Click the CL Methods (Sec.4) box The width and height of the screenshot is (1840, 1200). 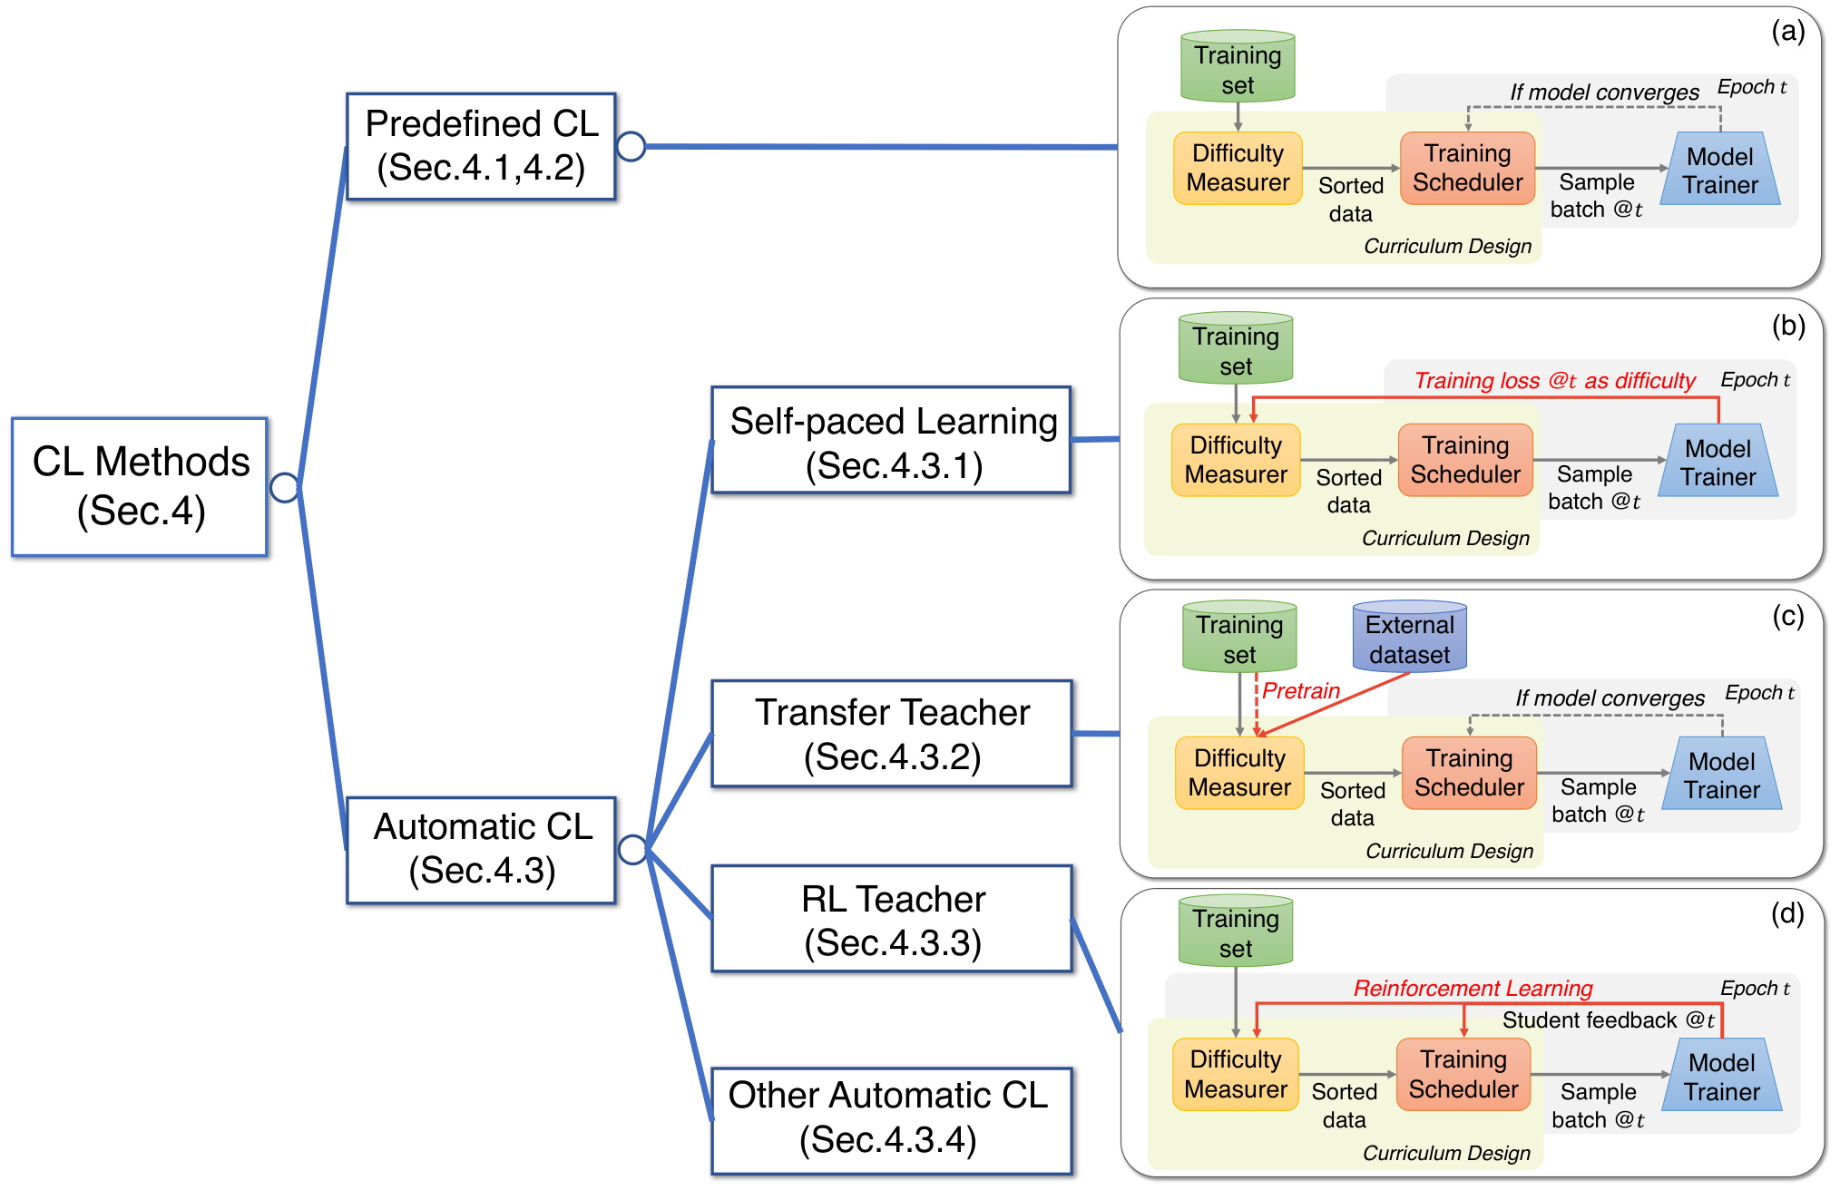pos(140,487)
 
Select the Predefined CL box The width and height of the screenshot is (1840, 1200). pos(481,146)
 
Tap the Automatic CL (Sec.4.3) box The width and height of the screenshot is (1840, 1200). pos(481,850)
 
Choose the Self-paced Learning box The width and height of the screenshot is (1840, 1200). pos(892,441)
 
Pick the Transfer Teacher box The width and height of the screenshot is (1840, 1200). pos(892,734)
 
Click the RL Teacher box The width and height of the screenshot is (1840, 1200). pos(892,919)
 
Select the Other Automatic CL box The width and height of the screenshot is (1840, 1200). pos(892,1121)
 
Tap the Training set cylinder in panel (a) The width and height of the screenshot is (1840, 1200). pos(1238,66)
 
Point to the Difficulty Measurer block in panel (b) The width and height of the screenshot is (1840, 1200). pos(1236,460)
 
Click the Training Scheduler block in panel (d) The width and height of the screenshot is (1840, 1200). pos(1463,1074)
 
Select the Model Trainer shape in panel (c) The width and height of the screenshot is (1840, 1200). pos(1721,774)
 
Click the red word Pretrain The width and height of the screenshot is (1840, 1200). pos(1301,691)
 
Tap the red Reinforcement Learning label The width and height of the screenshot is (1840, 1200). pos(1473,988)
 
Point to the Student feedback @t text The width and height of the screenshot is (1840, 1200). pos(1608,1020)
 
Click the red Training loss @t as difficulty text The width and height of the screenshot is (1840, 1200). pos(1554,381)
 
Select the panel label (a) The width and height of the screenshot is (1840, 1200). pos(1787,32)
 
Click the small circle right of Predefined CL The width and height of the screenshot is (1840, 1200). pos(631,146)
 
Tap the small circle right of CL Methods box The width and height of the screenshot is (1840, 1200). pos(285,487)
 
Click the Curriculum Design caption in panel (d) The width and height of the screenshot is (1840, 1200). pos(1446,1153)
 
